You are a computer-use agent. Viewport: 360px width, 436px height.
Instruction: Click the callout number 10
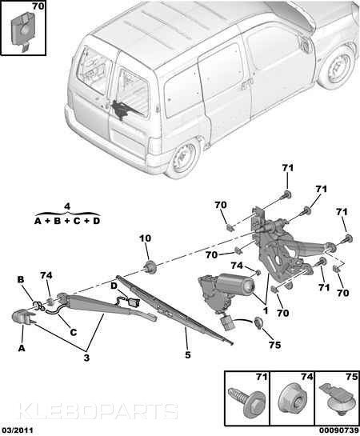[146, 238]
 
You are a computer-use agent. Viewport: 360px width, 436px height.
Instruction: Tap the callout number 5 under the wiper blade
[188, 355]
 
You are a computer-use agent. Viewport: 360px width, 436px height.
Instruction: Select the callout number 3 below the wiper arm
[86, 358]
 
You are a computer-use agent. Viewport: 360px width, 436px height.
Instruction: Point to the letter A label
[22, 348]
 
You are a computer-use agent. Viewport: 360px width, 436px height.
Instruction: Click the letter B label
[21, 279]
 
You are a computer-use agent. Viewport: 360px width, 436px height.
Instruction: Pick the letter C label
[73, 332]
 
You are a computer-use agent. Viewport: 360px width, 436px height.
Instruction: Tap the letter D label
[114, 286]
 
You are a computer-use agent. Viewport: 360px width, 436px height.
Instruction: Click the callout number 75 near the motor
[274, 345]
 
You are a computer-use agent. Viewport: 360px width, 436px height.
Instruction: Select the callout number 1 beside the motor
[266, 310]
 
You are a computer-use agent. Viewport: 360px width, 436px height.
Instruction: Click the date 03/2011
[17, 430]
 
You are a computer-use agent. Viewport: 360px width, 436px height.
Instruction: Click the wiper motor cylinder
[236, 285]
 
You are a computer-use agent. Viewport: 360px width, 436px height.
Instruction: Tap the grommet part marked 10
[150, 267]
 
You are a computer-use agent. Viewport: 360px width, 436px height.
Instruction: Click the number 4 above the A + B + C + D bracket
[67, 206]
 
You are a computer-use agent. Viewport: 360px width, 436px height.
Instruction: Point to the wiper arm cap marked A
[22, 317]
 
